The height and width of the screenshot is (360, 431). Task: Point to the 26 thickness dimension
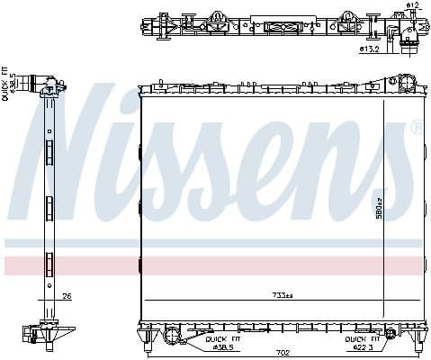click(67, 296)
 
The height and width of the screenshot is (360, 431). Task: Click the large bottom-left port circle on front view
click(172, 337)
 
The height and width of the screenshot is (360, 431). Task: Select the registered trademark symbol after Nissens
click(416, 129)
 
